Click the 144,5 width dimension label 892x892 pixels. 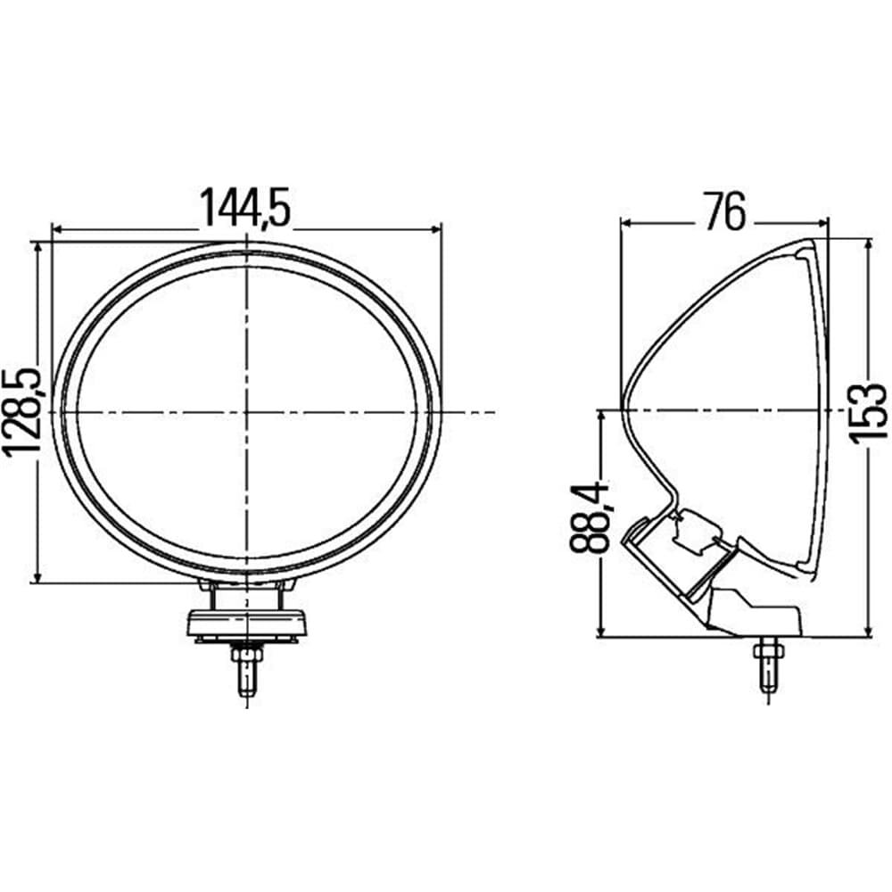[x=245, y=207]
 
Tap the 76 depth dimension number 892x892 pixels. [x=724, y=211]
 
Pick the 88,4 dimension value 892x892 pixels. [x=589, y=516]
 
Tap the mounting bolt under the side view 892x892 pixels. [x=768, y=664]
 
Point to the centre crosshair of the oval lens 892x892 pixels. [x=246, y=411]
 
